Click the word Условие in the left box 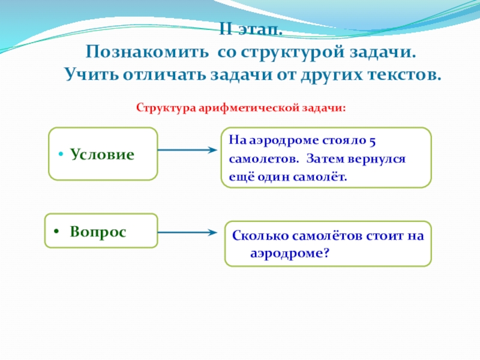coord(102,154)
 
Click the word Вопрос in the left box coord(98,232)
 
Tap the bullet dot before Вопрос coord(55,232)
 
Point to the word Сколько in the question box coord(254,236)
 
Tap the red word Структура coord(163,109)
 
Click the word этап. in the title coord(258,30)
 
